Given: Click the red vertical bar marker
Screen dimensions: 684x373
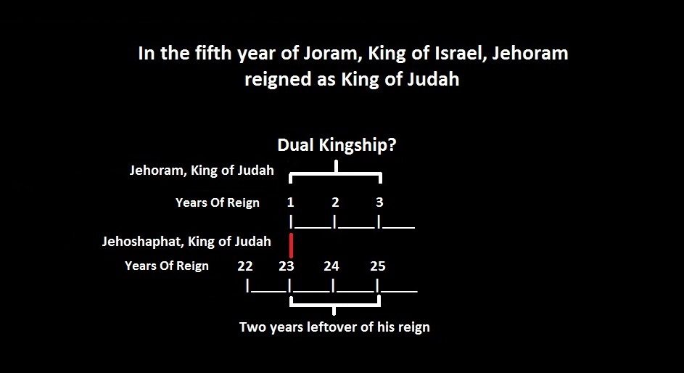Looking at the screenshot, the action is [x=291, y=245].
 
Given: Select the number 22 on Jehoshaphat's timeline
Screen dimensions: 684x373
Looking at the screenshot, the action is [x=245, y=266].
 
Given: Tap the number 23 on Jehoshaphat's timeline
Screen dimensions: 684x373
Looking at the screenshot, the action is [x=287, y=266].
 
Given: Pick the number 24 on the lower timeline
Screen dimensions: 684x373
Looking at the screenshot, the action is [x=331, y=266].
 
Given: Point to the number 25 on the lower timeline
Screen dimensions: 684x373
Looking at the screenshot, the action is [x=378, y=266].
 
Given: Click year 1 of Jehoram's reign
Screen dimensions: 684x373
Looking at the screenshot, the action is [x=291, y=202].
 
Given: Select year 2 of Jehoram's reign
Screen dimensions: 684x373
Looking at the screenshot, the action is [x=335, y=202].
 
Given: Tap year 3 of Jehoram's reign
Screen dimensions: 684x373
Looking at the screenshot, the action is [x=379, y=202].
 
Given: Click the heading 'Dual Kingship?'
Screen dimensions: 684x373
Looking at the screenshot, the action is [x=337, y=145].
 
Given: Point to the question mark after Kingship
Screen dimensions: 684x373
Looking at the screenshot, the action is [x=392, y=144].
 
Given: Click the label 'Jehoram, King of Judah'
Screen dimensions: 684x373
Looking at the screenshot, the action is [x=202, y=170].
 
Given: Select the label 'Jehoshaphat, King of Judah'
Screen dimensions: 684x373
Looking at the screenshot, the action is [x=186, y=242].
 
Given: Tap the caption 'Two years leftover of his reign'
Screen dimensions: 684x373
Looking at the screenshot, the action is [x=334, y=327].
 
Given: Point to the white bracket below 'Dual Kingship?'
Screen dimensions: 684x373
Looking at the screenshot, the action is [x=336, y=173].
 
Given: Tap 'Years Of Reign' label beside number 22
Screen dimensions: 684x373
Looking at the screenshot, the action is [x=167, y=266].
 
